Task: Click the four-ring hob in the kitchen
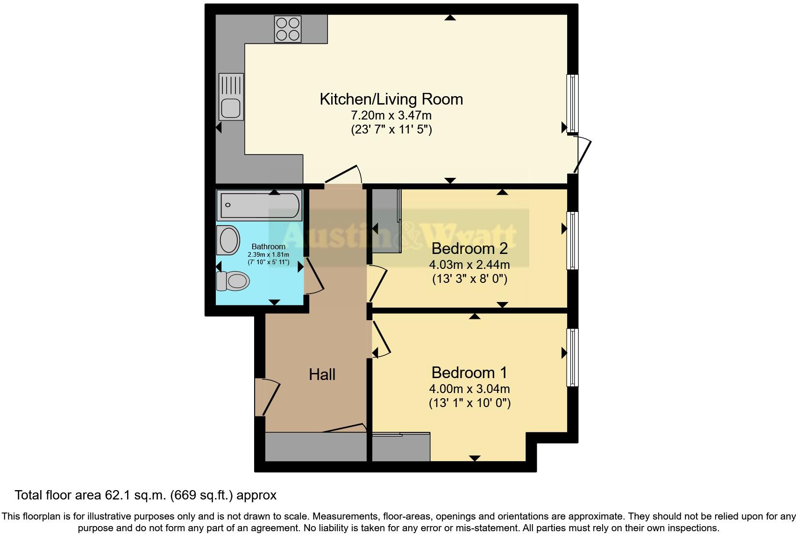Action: pos(287,29)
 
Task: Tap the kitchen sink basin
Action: pos(231,108)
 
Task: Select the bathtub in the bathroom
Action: pos(259,205)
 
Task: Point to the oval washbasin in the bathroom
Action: pos(228,240)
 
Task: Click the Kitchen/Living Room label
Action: pos(391,99)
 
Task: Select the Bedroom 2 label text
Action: pos(469,248)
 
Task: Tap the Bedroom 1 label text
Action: pos(469,372)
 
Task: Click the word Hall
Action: pos(322,374)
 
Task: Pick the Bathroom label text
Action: pos(268,246)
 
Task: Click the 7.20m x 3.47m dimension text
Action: pos(391,115)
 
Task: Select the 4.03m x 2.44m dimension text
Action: pos(469,265)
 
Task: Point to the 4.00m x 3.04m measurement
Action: pos(469,388)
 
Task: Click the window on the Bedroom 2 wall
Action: pos(572,240)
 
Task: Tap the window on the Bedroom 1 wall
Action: pos(572,358)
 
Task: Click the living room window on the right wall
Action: pos(572,104)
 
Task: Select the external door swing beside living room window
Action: pos(582,155)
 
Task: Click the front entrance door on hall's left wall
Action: pos(267,397)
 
